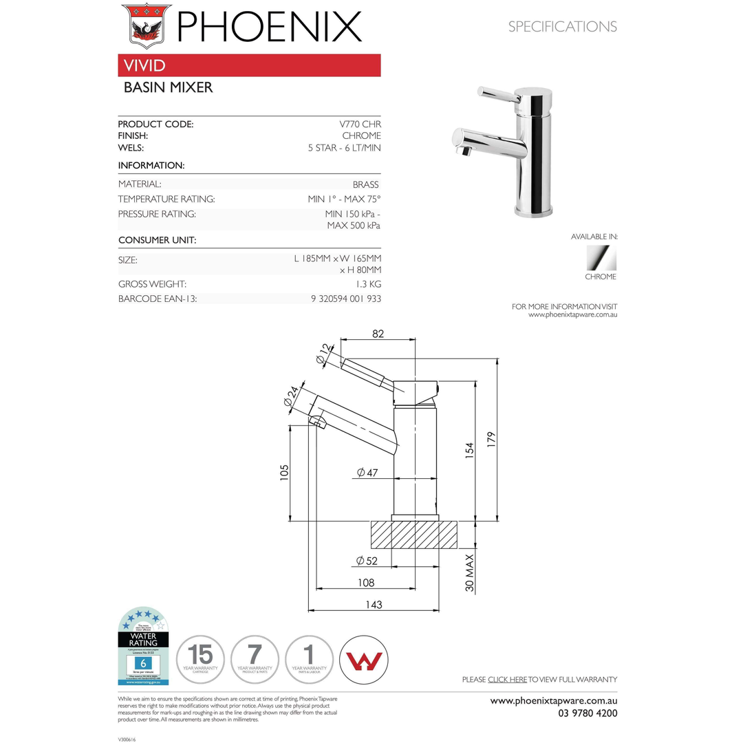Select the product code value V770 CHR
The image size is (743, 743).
pyautogui.click(x=360, y=125)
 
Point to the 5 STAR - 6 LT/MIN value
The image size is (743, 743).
pyautogui.click(x=344, y=148)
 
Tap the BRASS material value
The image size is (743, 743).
pyautogui.click(x=365, y=184)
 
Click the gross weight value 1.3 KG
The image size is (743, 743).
pyautogui.click(x=369, y=284)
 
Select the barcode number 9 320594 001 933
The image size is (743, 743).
pyautogui.click(x=346, y=299)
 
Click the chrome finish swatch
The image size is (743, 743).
pyautogui.click(x=601, y=259)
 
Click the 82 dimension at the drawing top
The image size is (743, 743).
pyautogui.click(x=378, y=334)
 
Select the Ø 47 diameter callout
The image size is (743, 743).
pyautogui.click(x=367, y=473)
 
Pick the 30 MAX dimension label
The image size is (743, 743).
pyautogui.click(x=471, y=573)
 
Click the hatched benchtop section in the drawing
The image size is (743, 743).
pyautogui.click(x=415, y=535)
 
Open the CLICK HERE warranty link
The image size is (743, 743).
pyautogui.click(x=507, y=680)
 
